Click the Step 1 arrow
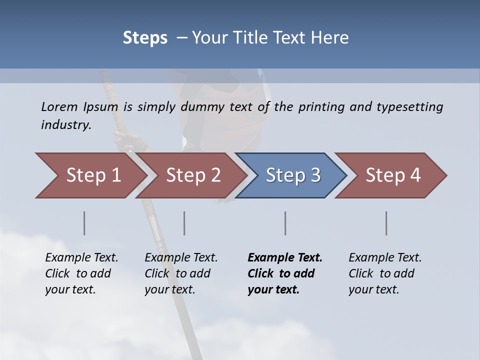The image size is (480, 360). (93, 175)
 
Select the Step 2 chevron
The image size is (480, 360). (193, 175)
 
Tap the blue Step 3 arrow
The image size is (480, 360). (292, 175)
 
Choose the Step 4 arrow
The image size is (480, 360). (392, 175)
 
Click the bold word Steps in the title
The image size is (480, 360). (145, 38)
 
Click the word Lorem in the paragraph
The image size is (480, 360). (59, 106)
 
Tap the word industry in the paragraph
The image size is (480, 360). (66, 124)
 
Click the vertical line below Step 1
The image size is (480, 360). (84, 223)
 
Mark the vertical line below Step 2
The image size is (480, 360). (184, 223)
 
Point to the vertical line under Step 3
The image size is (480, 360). (285, 223)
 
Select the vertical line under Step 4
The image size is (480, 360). (386, 223)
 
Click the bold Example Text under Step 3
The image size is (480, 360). (285, 258)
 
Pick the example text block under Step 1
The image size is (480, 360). (81, 273)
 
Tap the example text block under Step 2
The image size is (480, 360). (181, 273)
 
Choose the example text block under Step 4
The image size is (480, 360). (385, 273)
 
